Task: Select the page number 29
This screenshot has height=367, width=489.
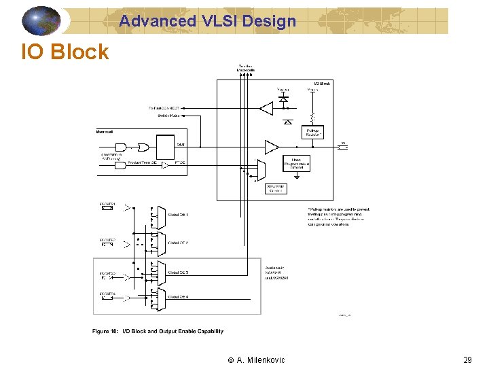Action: [x=467, y=360]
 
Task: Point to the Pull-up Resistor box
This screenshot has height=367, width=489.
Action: [x=313, y=132]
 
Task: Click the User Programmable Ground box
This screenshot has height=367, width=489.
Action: [x=297, y=164]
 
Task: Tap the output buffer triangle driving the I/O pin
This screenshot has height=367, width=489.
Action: [x=271, y=147]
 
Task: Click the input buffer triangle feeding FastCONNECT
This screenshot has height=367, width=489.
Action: [x=267, y=107]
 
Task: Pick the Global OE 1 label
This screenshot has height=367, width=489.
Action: [x=178, y=215]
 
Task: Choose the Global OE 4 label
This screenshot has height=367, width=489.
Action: [x=178, y=298]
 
